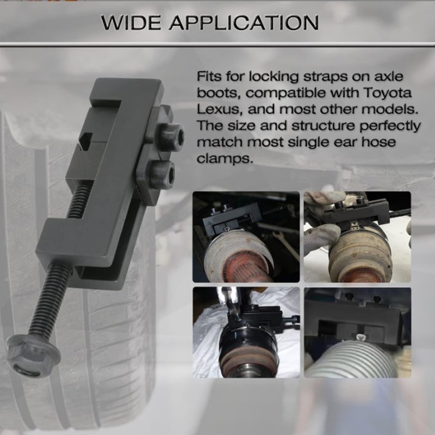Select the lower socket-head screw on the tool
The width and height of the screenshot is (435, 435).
161,173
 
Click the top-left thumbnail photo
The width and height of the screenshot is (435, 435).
246,237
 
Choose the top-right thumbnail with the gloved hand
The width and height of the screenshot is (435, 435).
357,237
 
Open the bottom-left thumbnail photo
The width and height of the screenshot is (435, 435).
246,332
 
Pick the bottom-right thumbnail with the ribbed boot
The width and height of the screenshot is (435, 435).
357,332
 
